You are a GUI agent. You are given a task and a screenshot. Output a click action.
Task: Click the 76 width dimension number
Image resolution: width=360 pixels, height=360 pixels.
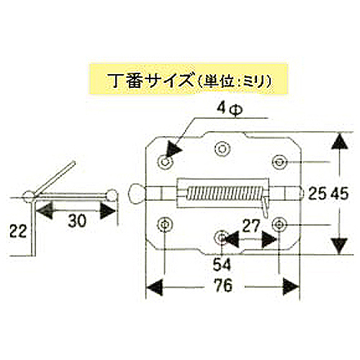(223, 285)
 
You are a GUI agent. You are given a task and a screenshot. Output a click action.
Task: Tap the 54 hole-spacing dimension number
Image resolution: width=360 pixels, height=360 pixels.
(222, 264)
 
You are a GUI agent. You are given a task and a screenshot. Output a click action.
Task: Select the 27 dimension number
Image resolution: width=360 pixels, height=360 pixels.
(251, 226)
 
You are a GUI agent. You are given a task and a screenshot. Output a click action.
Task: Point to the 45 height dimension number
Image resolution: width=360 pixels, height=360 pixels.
(339, 194)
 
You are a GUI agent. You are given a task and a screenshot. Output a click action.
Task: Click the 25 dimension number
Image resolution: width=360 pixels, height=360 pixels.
(318, 194)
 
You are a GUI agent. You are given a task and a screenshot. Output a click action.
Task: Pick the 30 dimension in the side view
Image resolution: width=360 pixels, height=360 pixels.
(77, 221)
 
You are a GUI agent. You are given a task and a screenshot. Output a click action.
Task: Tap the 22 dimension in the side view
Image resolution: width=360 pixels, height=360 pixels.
(18, 231)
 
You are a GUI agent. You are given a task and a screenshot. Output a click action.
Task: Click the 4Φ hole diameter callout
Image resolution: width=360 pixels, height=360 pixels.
(230, 109)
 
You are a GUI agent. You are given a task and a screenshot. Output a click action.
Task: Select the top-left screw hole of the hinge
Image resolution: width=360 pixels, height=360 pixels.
(166, 162)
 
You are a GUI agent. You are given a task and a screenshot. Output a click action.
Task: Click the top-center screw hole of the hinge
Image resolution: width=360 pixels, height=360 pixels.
(222, 149)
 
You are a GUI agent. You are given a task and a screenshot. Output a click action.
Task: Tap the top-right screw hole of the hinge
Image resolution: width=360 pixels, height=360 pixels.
(279, 162)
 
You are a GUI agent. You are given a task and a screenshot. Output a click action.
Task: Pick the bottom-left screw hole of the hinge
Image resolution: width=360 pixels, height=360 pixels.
(165, 225)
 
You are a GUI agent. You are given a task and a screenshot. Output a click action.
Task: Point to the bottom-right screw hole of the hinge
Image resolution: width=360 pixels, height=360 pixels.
(279, 225)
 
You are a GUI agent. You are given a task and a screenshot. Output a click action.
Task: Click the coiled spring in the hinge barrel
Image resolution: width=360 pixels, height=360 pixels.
(225, 194)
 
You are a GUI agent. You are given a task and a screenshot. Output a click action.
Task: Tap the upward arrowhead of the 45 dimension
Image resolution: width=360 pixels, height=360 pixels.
(339, 142)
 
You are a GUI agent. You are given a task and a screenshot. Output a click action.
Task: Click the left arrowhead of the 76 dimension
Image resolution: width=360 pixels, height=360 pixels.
(155, 287)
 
